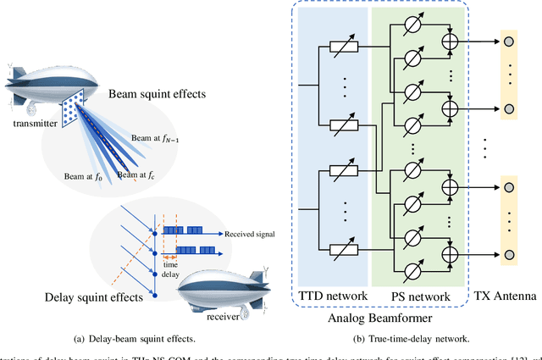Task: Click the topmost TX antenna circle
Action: tap(508, 41)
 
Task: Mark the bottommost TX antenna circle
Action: tap(508, 255)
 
